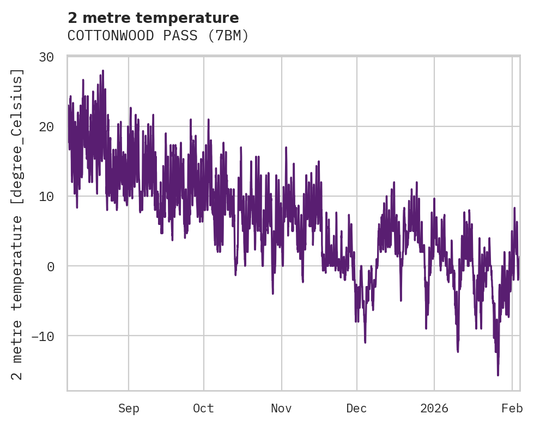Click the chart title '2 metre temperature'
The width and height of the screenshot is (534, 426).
pyautogui.click(x=153, y=18)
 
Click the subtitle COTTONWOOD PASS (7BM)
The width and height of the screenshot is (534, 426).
pyautogui.click(x=158, y=36)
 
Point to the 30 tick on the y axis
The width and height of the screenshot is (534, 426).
pyautogui.click(x=50, y=57)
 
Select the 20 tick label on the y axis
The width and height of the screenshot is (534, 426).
pyautogui.click(x=50, y=126)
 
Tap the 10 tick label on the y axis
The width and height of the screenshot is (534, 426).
pyautogui.click(x=50, y=196)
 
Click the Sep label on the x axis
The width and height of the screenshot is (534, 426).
pyautogui.click(x=129, y=409)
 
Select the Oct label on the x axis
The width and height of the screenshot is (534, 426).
pyautogui.click(x=203, y=409)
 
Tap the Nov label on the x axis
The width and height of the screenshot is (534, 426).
pyautogui.click(x=282, y=409)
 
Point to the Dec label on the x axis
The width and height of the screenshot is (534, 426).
pyautogui.click(x=356, y=409)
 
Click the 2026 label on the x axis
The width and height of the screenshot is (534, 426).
pyautogui.click(x=434, y=409)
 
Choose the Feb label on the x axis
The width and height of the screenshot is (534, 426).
pyautogui.click(x=512, y=409)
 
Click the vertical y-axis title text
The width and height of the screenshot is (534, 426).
pyautogui.click(x=19, y=224)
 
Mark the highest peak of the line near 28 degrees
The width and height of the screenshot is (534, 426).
pyautogui.click(x=102, y=71)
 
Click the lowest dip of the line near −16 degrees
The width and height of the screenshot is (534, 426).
pyautogui.click(x=497, y=375)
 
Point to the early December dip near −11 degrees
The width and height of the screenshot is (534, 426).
pyautogui.click(x=365, y=342)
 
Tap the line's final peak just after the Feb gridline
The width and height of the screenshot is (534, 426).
pyautogui.click(x=514, y=208)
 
